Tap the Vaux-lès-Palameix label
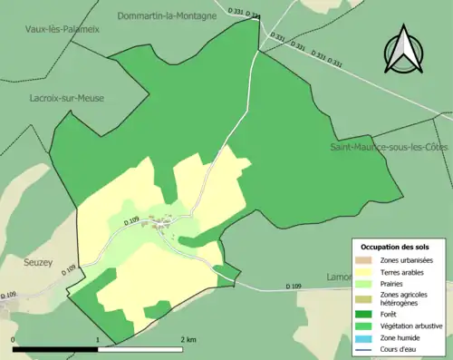point(63,29)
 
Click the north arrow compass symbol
point(404,53)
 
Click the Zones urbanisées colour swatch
point(365,260)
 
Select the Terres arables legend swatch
point(365,272)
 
